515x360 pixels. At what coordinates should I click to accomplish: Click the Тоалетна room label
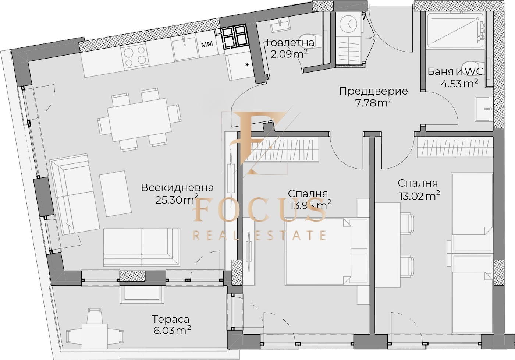point(290,43)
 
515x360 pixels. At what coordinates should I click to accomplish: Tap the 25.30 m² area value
point(177,200)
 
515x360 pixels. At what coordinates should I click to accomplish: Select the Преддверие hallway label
point(373,91)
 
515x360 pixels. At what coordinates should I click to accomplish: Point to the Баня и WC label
point(455,71)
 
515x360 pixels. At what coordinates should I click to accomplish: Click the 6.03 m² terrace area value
point(172,330)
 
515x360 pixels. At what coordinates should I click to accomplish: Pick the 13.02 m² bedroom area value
point(419,195)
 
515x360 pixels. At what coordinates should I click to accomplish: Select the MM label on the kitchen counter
point(207,44)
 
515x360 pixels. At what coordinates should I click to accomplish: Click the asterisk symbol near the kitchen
point(247,66)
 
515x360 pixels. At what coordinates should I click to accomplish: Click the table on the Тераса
point(95,333)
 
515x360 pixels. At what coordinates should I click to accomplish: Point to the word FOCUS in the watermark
point(260,211)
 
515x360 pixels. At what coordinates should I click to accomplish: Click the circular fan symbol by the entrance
point(348,24)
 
